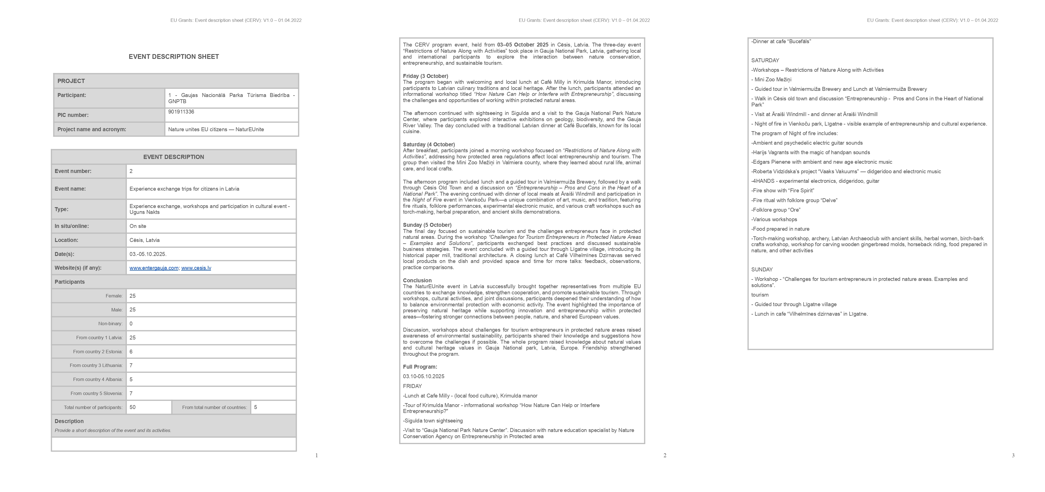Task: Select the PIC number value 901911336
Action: [181, 112]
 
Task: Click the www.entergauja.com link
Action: [154, 268]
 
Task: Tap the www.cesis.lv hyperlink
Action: [196, 268]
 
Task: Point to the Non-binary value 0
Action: [131, 324]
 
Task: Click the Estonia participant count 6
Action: [131, 352]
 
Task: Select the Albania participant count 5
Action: [131, 380]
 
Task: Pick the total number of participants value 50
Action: [133, 407]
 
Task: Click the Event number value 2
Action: [131, 171]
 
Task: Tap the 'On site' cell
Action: [138, 226]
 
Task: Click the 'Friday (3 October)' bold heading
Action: [425, 76]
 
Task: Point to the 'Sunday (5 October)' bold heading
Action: [427, 225]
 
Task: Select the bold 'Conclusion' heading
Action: [417, 281]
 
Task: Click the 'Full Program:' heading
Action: [420, 367]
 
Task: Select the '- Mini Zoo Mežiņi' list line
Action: [772, 80]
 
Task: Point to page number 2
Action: [664, 456]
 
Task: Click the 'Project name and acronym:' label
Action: [92, 130]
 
